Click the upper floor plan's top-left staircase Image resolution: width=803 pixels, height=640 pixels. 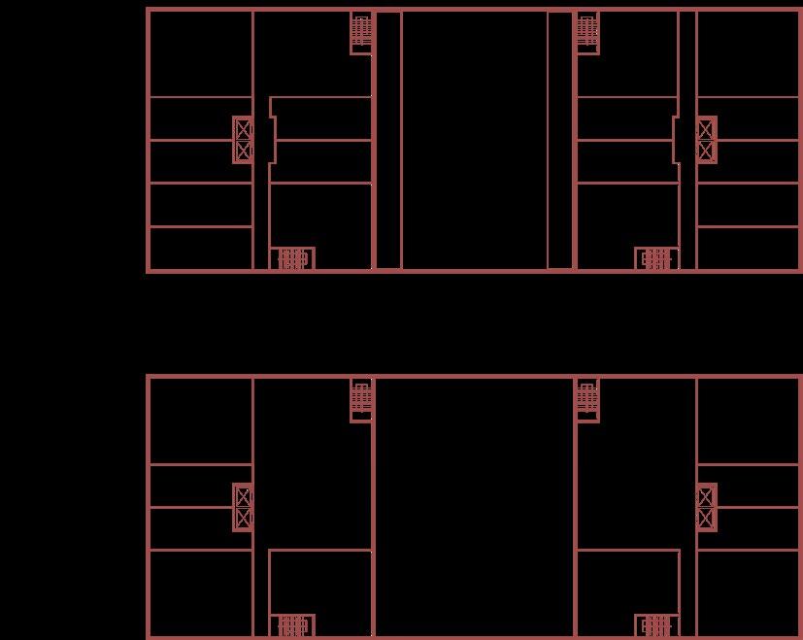click(361, 31)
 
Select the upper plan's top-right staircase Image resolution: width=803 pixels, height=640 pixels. click(586, 31)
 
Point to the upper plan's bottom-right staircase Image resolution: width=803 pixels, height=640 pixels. click(656, 258)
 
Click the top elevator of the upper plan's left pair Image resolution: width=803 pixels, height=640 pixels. click(243, 129)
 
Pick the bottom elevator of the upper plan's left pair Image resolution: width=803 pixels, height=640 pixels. click(243, 151)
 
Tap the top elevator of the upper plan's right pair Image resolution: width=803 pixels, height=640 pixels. click(706, 129)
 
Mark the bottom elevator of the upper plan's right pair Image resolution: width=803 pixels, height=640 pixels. click(706, 151)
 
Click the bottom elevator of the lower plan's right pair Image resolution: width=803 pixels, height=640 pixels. click(706, 519)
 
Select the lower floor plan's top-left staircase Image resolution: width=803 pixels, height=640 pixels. click(361, 398)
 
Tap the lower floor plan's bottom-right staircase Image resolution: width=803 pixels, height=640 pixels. click(656, 625)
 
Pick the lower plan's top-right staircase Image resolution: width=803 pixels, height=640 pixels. click(586, 398)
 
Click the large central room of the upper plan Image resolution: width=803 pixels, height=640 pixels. click(474, 140)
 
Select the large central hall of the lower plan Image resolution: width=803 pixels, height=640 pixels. click(474, 505)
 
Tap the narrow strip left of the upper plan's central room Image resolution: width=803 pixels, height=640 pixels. click(387, 140)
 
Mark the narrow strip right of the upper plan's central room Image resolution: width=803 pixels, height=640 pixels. click(560, 140)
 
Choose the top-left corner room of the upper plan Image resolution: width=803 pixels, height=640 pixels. click(200, 53)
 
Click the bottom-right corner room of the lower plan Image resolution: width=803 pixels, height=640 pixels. click(748, 592)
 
